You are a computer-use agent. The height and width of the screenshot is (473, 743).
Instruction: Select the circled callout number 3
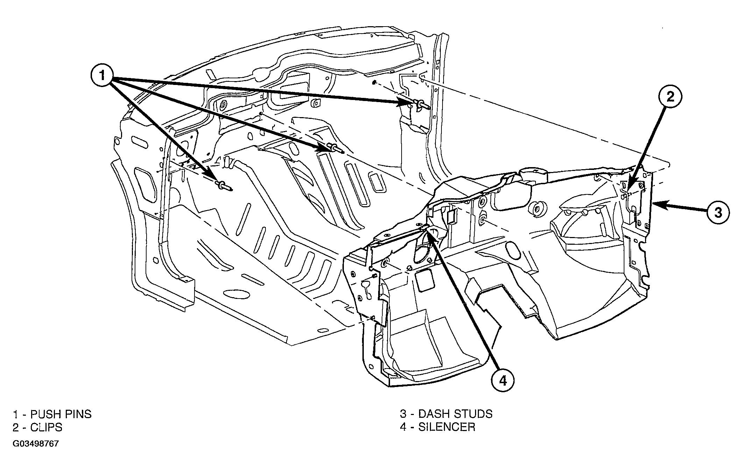click(718, 212)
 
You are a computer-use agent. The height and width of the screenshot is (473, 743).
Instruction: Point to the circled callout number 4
click(503, 381)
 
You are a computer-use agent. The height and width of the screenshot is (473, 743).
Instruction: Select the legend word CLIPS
click(46, 427)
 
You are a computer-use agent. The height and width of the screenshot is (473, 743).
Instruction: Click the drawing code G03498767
click(36, 444)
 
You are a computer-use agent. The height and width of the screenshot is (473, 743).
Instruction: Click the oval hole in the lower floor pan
click(236, 294)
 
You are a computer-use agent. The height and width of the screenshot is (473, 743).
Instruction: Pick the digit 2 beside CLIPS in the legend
click(16, 427)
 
